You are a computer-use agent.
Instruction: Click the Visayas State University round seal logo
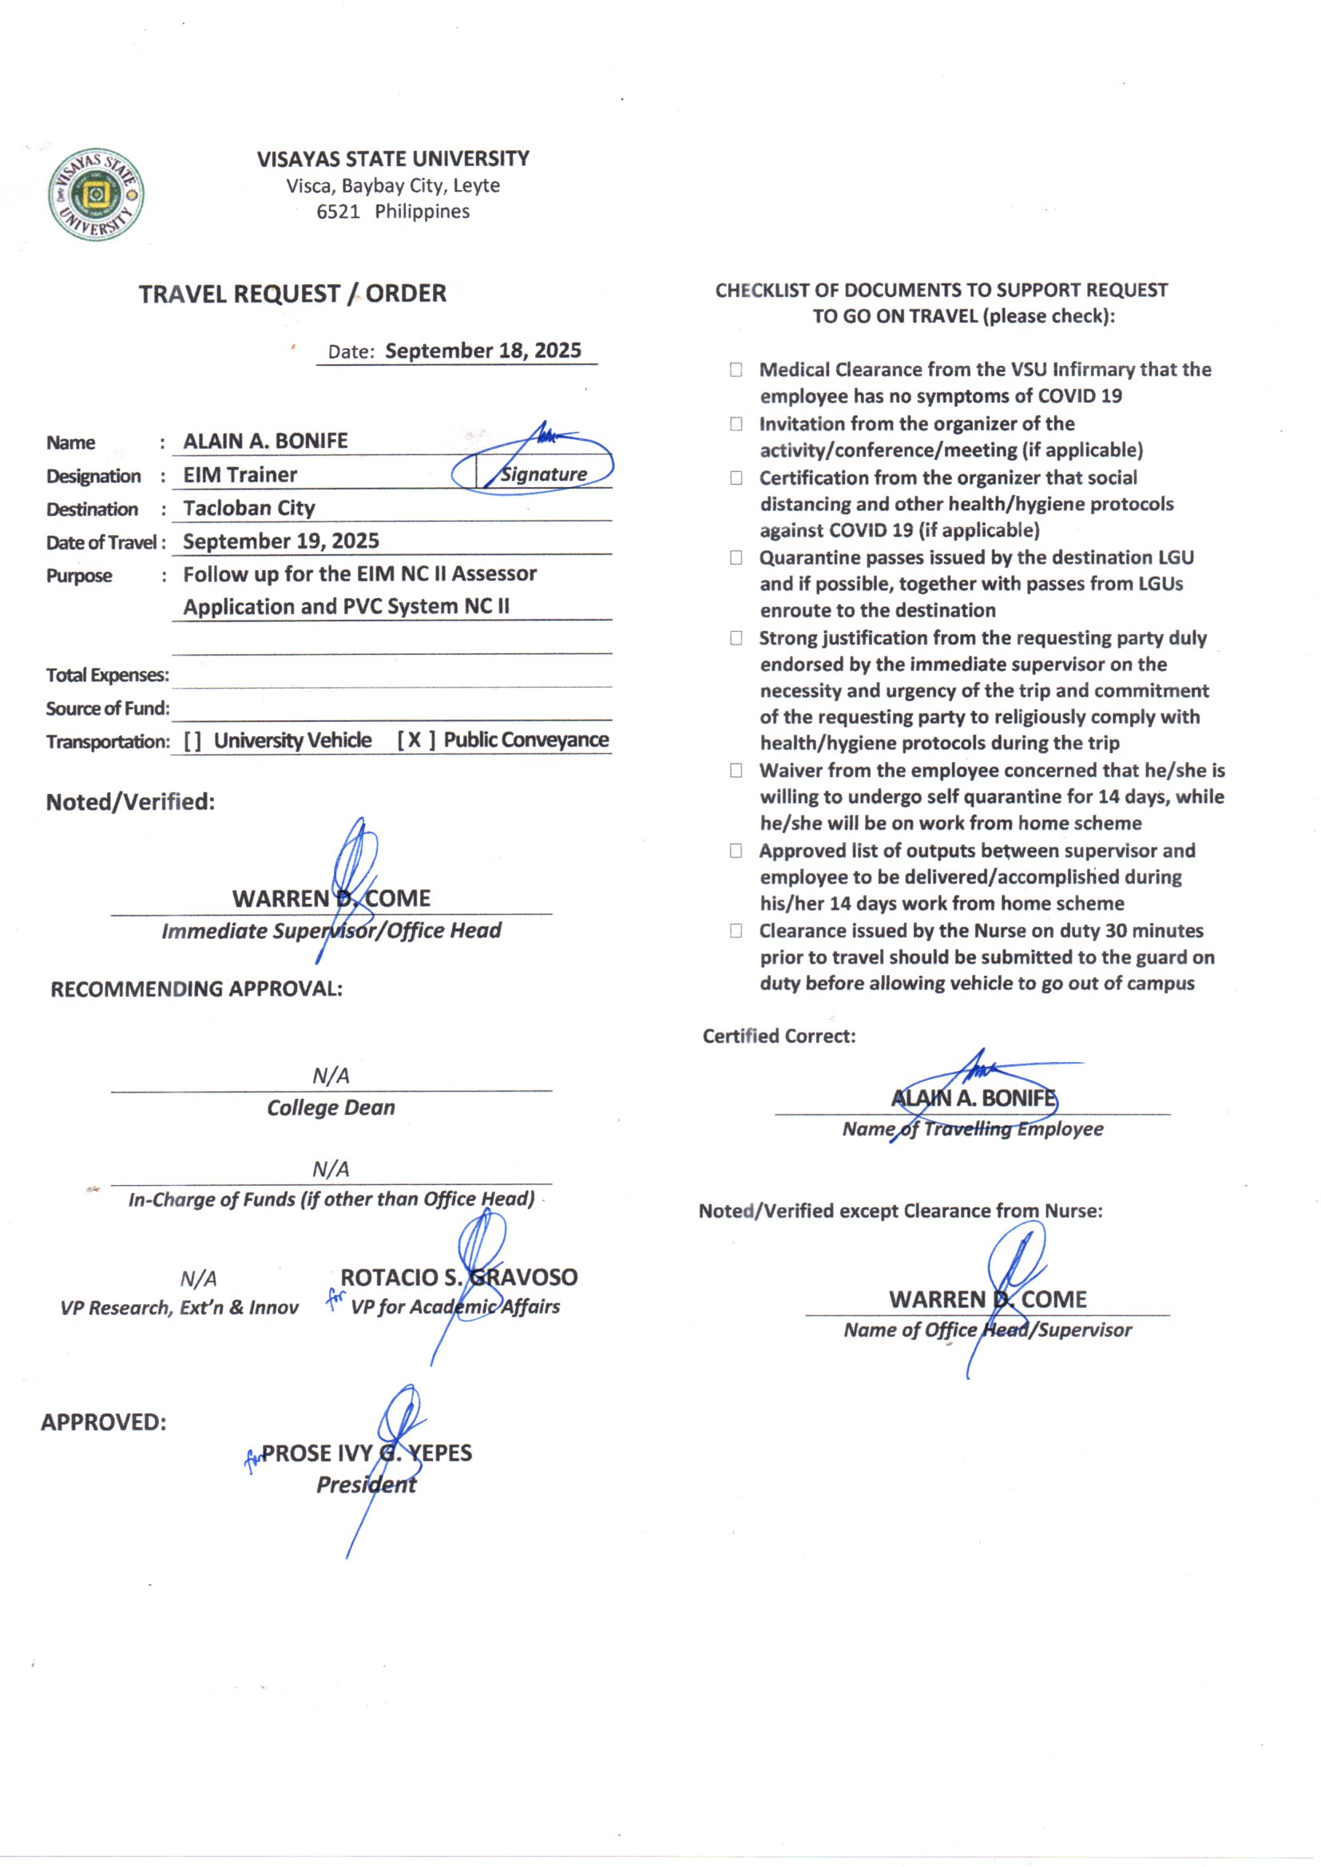(95, 194)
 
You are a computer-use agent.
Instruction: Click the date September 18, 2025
(482, 351)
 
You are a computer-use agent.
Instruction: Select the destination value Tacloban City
(249, 508)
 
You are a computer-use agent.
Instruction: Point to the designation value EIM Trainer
(240, 475)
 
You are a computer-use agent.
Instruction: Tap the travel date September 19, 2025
(280, 541)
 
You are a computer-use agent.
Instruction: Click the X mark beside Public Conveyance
(415, 740)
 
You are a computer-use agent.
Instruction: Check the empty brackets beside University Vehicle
(192, 741)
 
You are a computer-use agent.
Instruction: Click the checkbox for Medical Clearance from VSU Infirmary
(736, 370)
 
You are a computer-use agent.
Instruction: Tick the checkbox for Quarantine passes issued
(736, 558)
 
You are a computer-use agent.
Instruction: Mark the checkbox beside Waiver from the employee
(736, 770)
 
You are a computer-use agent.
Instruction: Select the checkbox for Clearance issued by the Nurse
(736, 931)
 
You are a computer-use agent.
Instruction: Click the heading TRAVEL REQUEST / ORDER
(292, 294)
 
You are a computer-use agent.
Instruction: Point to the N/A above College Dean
(331, 1076)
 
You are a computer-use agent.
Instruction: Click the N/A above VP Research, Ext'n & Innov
(199, 1279)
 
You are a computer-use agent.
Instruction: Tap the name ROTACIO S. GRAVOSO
(458, 1278)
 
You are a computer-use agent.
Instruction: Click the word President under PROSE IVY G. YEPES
(366, 1484)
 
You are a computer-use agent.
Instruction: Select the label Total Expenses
(107, 675)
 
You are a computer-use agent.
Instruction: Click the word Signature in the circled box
(543, 474)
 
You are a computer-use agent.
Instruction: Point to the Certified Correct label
(779, 1036)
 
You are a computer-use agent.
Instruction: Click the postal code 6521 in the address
(338, 212)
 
